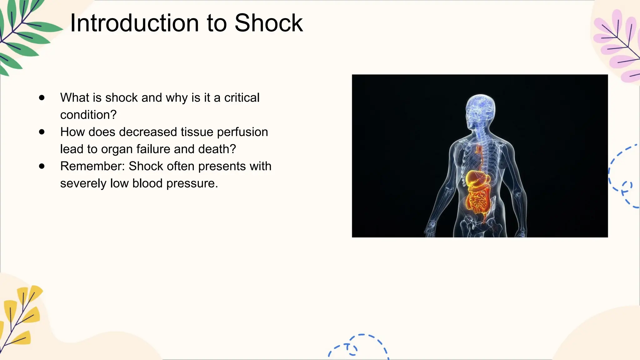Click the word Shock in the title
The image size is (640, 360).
coord(268,23)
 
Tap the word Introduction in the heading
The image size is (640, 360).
coord(135,23)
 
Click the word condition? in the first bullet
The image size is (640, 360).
coord(88,115)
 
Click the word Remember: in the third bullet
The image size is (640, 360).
coord(92,166)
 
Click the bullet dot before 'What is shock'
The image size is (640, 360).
coord(42,97)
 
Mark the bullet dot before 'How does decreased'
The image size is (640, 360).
coord(42,132)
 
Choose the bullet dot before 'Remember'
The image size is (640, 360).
coord(42,166)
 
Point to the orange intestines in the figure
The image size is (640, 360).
coord(477,202)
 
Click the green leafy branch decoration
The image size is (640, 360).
coord(22,34)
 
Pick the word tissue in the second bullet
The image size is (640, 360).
coord(197,132)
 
